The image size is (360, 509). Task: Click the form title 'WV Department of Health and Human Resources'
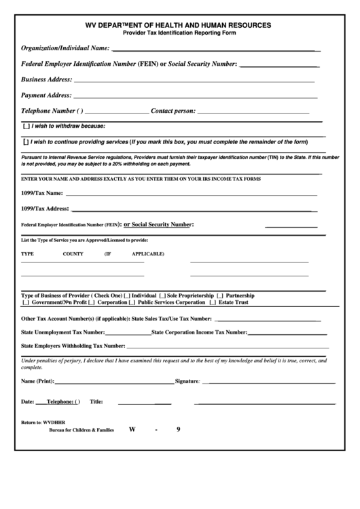[178, 24]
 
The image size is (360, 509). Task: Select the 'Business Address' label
[46, 80]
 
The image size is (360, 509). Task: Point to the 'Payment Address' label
[46, 95]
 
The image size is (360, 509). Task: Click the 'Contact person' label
[173, 111]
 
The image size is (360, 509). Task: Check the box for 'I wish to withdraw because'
[26, 126]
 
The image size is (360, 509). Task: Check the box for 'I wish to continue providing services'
[26, 142]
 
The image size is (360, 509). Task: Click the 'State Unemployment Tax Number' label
[63, 332]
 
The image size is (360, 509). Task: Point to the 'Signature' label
[187, 381]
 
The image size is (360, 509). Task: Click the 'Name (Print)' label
[37, 381]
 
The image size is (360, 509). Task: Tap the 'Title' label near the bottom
[96, 402]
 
